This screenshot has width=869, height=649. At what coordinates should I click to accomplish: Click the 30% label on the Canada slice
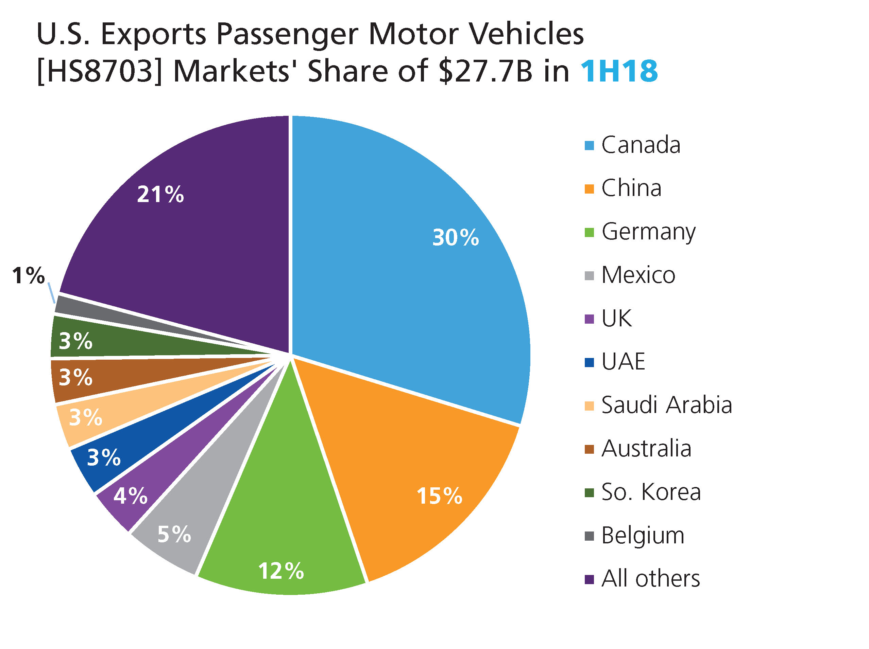[455, 237]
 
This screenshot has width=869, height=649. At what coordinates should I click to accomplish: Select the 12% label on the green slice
[281, 571]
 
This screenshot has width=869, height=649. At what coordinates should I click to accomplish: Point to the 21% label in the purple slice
[160, 194]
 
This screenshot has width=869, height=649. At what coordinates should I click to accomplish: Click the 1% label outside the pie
[28, 275]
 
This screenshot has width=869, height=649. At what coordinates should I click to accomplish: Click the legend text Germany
[648, 232]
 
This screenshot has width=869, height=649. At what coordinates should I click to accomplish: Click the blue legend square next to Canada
[589, 146]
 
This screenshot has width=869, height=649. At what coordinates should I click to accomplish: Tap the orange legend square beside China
[589, 189]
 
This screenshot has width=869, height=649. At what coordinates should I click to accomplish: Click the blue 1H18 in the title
[619, 71]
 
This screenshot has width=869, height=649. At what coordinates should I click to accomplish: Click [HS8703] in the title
[99, 71]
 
